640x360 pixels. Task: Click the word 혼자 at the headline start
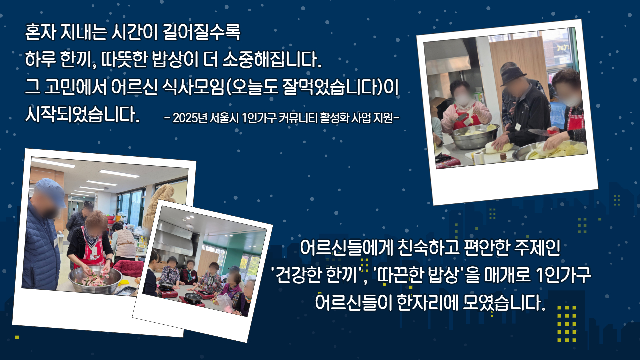pos(41,32)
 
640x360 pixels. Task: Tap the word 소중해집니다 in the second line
pos(272,59)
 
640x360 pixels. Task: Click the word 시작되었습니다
pos(82,114)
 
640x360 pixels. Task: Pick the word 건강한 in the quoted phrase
pos(300,275)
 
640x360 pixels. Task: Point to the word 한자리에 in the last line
pos(427,302)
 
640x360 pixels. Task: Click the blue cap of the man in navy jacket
pos(51,191)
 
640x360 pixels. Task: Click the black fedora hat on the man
pos(513,75)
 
